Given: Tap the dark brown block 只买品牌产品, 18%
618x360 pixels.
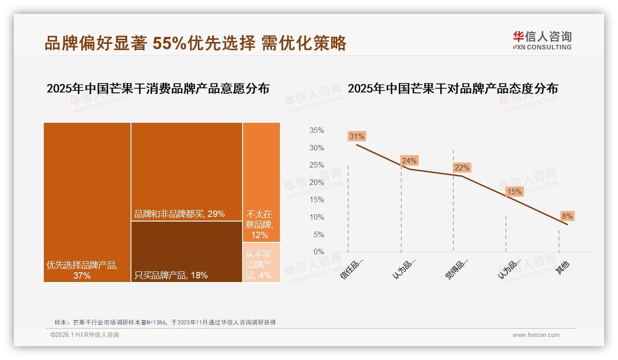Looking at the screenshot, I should (187, 252).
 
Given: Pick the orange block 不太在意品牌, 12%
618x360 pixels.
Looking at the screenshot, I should (261, 182).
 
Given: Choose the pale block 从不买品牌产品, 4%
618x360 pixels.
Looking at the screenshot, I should (261, 262).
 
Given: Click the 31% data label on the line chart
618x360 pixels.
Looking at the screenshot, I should (357, 136).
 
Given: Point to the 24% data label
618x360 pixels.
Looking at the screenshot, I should (409, 161).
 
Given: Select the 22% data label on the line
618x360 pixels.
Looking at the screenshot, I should (462, 168).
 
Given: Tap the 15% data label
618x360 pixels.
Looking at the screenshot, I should (514, 192).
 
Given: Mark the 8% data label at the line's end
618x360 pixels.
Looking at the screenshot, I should (567, 216).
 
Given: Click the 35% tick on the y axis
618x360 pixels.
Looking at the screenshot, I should (316, 131).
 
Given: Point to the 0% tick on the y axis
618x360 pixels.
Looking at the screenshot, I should (318, 252).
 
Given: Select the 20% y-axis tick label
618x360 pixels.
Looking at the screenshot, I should (316, 183).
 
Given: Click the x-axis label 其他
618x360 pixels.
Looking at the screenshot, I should (563, 267).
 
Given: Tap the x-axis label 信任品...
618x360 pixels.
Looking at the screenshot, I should (352, 269).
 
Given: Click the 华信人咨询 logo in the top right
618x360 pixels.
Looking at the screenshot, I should (542, 40).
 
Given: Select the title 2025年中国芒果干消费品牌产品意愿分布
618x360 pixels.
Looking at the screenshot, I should (158, 89).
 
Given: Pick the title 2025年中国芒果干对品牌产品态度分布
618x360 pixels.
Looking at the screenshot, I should (452, 89).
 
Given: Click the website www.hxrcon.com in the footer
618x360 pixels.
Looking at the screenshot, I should (536, 335).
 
